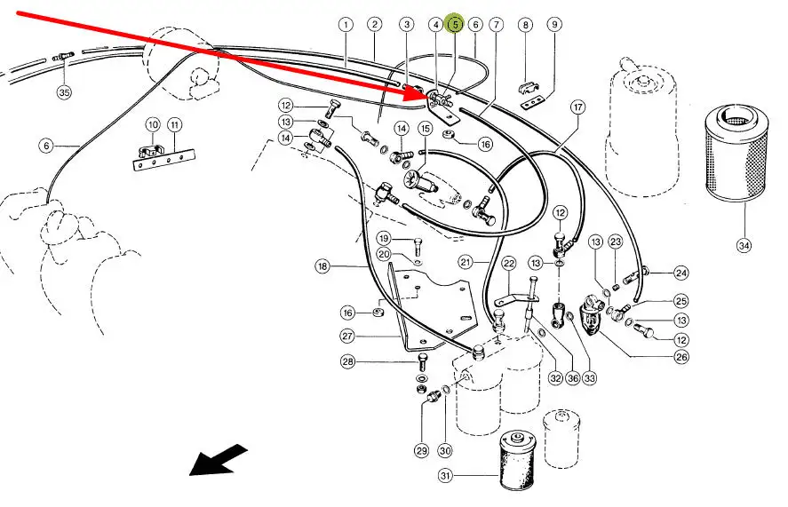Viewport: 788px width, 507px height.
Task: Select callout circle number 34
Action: click(744, 245)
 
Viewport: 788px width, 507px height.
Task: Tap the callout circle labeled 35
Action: click(64, 91)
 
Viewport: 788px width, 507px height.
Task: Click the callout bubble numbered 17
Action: click(578, 108)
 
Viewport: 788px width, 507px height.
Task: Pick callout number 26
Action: click(681, 358)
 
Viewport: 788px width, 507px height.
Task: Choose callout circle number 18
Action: click(322, 265)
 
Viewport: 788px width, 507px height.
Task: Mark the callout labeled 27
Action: click(347, 337)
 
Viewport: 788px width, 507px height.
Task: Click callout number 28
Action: click(347, 361)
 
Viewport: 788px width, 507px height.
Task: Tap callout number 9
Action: click(554, 25)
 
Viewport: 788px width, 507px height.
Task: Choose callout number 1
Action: click(345, 25)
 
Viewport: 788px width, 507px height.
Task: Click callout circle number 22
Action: click(509, 264)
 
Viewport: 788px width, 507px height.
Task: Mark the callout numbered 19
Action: click(383, 238)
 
